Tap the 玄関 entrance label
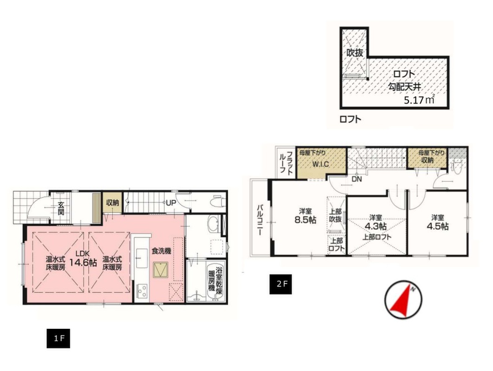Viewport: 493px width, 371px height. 61,208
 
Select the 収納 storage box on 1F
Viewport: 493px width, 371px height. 112,203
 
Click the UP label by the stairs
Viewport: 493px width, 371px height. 171,203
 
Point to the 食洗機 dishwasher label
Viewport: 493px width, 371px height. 161,251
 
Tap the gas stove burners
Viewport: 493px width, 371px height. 142,291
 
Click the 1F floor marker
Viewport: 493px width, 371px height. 58,339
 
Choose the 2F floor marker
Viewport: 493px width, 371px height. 281,284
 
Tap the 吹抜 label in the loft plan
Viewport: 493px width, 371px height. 355,53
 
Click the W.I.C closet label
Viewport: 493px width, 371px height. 320,164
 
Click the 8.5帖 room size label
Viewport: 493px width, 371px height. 305,220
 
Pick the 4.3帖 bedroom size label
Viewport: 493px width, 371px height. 376,226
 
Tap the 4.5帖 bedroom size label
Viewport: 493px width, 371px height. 438,226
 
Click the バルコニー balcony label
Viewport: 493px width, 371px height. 260,220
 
